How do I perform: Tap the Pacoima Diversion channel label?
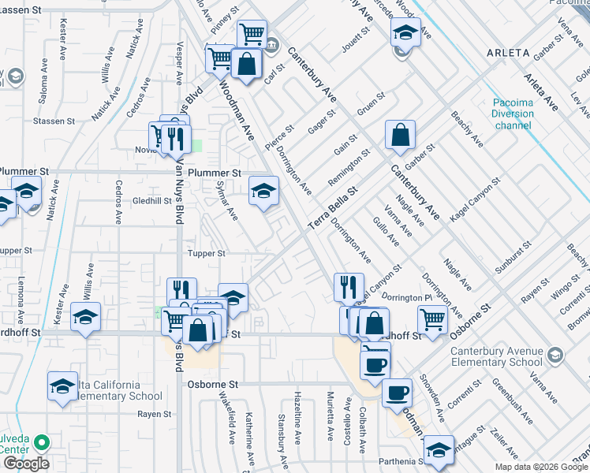click(513, 114)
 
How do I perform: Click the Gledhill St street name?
click(152, 200)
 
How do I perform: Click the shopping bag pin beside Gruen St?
click(400, 135)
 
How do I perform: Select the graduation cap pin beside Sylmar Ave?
click(264, 190)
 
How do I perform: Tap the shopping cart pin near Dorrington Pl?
click(432, 319)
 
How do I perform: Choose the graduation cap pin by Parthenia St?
click(439, 450)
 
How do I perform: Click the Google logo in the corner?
click(26, 464)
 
